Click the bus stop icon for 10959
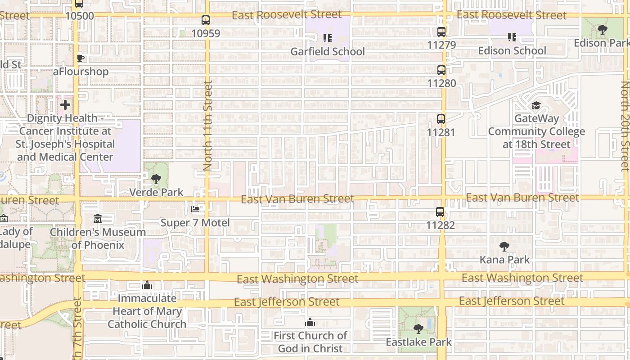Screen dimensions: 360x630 point(206,20)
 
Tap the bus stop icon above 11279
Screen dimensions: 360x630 point(441,32)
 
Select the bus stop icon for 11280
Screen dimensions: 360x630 point(441,70)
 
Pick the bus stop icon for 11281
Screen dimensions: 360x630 point(441,120)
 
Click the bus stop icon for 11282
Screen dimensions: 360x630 point(440,212)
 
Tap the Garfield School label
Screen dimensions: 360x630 point(328,52)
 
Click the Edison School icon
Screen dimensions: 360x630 point(512,37)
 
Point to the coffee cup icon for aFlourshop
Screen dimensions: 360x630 point(81,58)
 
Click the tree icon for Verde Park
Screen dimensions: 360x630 point(156,179)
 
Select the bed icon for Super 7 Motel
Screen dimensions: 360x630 point(195,209)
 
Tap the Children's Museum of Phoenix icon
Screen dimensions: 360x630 point(98,219)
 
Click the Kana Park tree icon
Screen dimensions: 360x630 point(504,247)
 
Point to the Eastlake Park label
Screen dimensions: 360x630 point(418,342)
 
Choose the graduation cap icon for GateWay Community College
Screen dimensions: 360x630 point(536,106)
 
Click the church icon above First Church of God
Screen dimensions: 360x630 point(310,323)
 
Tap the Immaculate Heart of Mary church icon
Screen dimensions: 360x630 point(147,285)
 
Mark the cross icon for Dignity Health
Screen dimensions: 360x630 point(65,105)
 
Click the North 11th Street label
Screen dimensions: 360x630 point(207,125)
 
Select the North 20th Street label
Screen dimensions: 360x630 point(625,126)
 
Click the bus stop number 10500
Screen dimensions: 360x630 point(80,16)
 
